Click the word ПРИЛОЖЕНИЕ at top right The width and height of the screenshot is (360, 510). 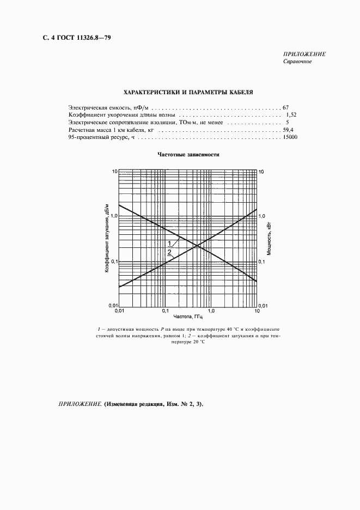click(304, 54)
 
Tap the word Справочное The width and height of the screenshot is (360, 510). click(297, 61)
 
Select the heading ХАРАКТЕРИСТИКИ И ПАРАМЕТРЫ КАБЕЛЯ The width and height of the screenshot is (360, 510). click(188, 93)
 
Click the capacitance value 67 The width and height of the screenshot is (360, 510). click(285, 108)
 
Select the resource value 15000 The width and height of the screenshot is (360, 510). click(289, 138)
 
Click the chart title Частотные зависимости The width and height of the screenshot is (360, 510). click(188, 154)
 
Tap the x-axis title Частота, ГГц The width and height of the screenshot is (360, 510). click(188, 316)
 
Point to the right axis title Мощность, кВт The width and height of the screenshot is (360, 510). click(269, 239)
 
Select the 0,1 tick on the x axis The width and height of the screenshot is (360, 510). click(166, 311)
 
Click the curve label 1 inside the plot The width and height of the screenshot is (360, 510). click(169, 243)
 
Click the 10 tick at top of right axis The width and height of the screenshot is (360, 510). click(261, 172)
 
